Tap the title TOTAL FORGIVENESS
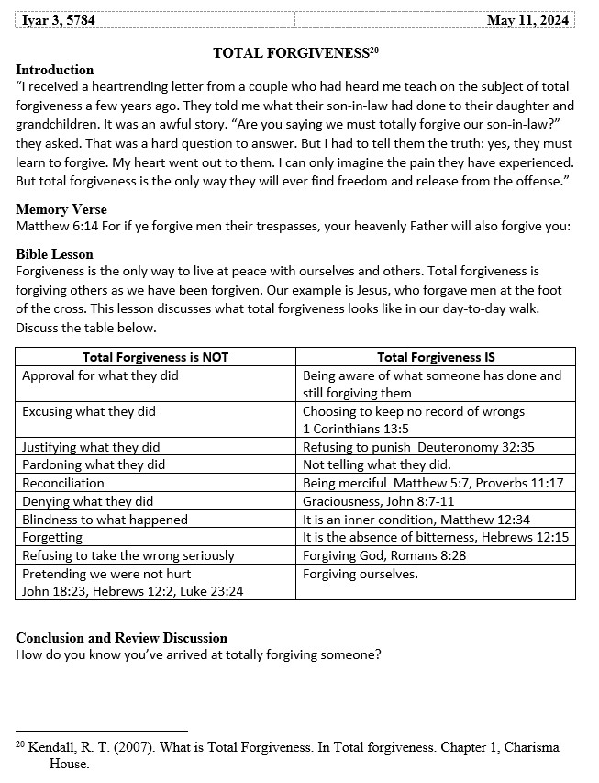[290, 53]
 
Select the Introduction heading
[55, 70]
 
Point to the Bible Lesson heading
[55, 254]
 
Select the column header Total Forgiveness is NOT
[156, 357]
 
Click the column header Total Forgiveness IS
[436, 357]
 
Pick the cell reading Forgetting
[52, 537]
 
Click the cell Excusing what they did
[89, 411]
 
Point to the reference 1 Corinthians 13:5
[356, 429]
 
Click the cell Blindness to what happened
[105, 520]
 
